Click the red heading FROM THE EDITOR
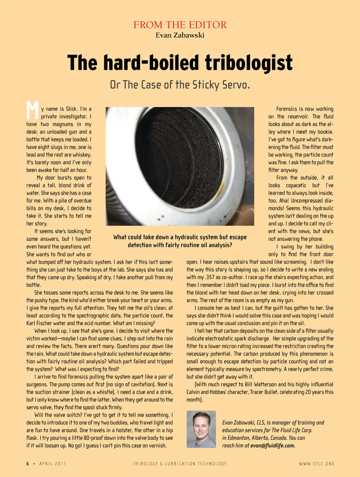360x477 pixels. point(180,25)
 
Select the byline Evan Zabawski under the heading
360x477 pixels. point(180,35)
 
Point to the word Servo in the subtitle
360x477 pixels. point(235,85)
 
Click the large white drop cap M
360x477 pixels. point(32,110)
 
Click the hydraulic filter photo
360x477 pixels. point(180,166)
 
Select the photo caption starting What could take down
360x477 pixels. point(180,241)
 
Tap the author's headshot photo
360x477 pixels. point(201,429)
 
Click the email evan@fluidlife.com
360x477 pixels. point(273,445)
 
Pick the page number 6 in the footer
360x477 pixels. point(28,464)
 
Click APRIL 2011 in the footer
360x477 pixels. point(52,464)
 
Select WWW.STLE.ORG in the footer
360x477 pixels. point(316,464)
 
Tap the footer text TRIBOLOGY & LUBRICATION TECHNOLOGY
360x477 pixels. point(180,464)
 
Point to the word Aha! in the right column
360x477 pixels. point(284,201)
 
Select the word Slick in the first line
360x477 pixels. point(72,109)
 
